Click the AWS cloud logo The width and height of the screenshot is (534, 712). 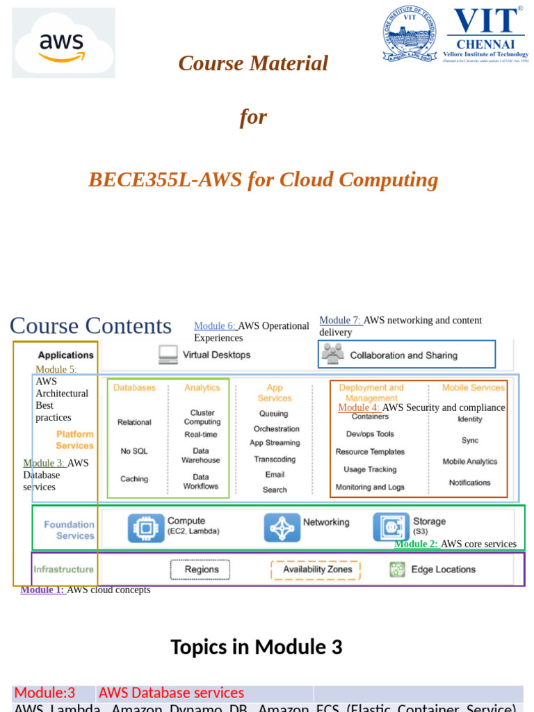tap(63, 43)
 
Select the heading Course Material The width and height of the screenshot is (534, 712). tap(253, 63)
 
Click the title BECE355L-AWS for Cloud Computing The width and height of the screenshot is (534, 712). tap(263, 179)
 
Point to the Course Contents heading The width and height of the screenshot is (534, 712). tap(90, 325)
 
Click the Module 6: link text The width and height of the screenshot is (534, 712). tap(215, 326)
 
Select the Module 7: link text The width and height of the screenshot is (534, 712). tap(340, 321)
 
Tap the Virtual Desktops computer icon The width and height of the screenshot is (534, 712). tap(168, 355)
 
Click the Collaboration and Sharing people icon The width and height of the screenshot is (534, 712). tap(333, 355)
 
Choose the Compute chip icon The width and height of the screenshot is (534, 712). tap(146, 528)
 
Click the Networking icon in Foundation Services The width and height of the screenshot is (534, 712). tap(282, 528)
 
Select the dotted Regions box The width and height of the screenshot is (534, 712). tap(201, 569)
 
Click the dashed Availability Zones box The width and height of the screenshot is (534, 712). tap(316, 569)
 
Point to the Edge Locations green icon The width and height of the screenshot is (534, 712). tap(397, 569)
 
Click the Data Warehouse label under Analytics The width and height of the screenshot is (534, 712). tap(200, 455)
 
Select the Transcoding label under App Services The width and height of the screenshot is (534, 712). tap(275, 459)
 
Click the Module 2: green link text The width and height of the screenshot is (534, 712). tap(416, 544)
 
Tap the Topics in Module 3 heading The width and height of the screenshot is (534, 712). tap(257, 647)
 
